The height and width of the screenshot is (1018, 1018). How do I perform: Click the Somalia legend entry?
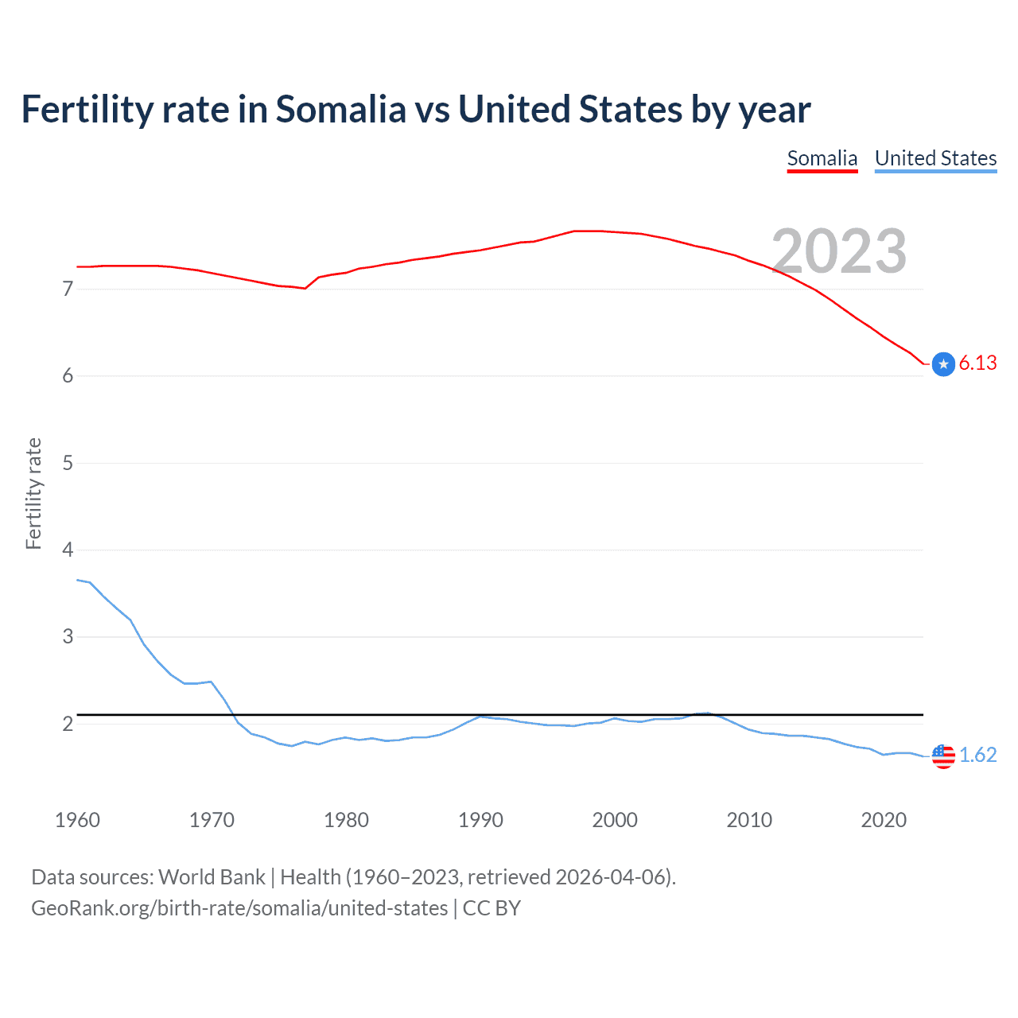(x=822, y=158)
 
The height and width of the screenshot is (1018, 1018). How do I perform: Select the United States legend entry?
(x=935, y=158)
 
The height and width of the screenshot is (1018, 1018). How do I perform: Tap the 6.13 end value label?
(x=977, y=363)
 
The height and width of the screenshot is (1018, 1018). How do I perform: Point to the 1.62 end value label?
(x=977, y=755)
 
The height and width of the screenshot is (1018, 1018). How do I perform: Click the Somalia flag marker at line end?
(x=943, y=364)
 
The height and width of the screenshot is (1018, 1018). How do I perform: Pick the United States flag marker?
(x=943, y=756)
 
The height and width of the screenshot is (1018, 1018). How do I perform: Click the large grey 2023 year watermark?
(x=839, y=251)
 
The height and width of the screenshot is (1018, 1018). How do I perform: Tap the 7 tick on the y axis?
(x=68, y=289)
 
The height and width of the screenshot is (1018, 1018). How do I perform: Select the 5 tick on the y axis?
(x=68, y=463)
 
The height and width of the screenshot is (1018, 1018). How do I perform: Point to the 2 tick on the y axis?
(x=68, y=724)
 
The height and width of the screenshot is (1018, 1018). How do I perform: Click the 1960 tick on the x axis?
(x=77, y=820)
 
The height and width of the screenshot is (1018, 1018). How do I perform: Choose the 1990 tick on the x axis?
(x=480, y=820)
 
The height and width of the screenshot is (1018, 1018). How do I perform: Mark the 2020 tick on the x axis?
(x=884, y=820)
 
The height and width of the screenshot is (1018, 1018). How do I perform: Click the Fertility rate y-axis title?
(x=33, y=493)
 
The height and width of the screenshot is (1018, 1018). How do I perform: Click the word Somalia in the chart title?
(x=340, y=109)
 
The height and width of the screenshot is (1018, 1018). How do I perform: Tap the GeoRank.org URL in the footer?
(x=239, y=908)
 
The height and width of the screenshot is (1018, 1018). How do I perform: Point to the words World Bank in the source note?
(x=212, y=877)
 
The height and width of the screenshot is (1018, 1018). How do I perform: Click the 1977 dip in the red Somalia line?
(x=305, y=288)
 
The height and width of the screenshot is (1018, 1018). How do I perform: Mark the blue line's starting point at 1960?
(x=77, y=580)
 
